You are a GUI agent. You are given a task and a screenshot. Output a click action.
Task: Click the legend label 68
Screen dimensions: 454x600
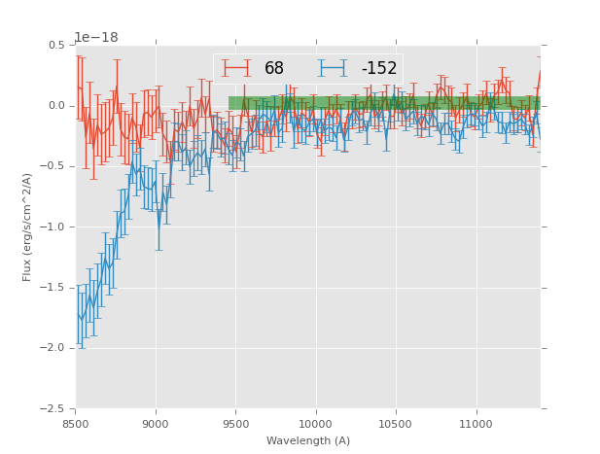point(274,69)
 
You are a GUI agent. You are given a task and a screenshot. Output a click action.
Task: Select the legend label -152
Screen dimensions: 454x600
point(379,69)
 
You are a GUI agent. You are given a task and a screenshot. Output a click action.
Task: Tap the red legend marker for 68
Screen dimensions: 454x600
point(236,68)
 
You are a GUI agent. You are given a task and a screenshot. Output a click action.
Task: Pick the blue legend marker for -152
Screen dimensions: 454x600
point(333,68)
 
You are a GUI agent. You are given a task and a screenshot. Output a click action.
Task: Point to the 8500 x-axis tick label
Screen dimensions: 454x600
point(76,423)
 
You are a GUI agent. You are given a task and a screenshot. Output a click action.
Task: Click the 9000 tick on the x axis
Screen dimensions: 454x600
point(156,423)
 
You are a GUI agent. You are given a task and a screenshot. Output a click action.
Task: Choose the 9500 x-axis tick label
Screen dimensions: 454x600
point(235,423)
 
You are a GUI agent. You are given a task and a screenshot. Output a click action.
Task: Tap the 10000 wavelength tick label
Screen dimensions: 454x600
point(315,423)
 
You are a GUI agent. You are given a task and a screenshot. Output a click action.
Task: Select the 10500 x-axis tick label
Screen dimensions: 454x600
point(396,423)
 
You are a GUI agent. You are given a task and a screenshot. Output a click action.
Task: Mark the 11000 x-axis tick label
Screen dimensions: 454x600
point(476,423)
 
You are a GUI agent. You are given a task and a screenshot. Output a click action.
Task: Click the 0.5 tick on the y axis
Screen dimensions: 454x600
point(56,46)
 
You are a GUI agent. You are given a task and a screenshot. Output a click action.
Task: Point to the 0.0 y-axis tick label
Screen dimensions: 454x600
point(56,106)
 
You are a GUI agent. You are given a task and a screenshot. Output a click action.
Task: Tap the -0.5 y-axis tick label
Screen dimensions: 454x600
point(53,166)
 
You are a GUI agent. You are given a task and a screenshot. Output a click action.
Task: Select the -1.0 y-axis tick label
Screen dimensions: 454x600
point(53,227)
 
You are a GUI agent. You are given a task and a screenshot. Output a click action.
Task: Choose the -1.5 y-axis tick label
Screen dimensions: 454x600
point(53,288)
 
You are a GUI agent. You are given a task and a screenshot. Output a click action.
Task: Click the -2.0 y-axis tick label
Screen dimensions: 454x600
point(53,348)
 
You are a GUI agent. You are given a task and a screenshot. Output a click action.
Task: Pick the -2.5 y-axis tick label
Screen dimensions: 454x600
point(53,409)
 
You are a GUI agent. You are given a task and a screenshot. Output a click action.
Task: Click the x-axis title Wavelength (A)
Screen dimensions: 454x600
point(307,440)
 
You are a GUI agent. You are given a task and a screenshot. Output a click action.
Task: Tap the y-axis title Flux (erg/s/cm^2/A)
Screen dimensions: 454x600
point(27,227)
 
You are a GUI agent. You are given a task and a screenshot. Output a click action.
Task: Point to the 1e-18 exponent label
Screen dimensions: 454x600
point(96,38)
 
